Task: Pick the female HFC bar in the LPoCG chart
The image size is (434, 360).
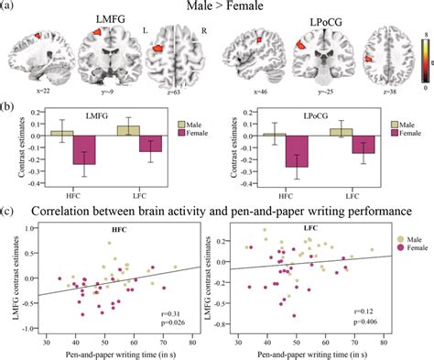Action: [x=296, y=152]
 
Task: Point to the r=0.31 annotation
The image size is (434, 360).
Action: [x=169, y=312]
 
